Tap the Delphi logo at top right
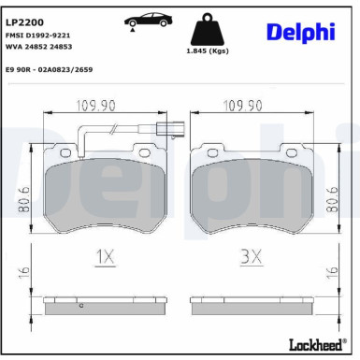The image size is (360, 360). point(299,33)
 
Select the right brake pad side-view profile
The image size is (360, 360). point(250,305)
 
